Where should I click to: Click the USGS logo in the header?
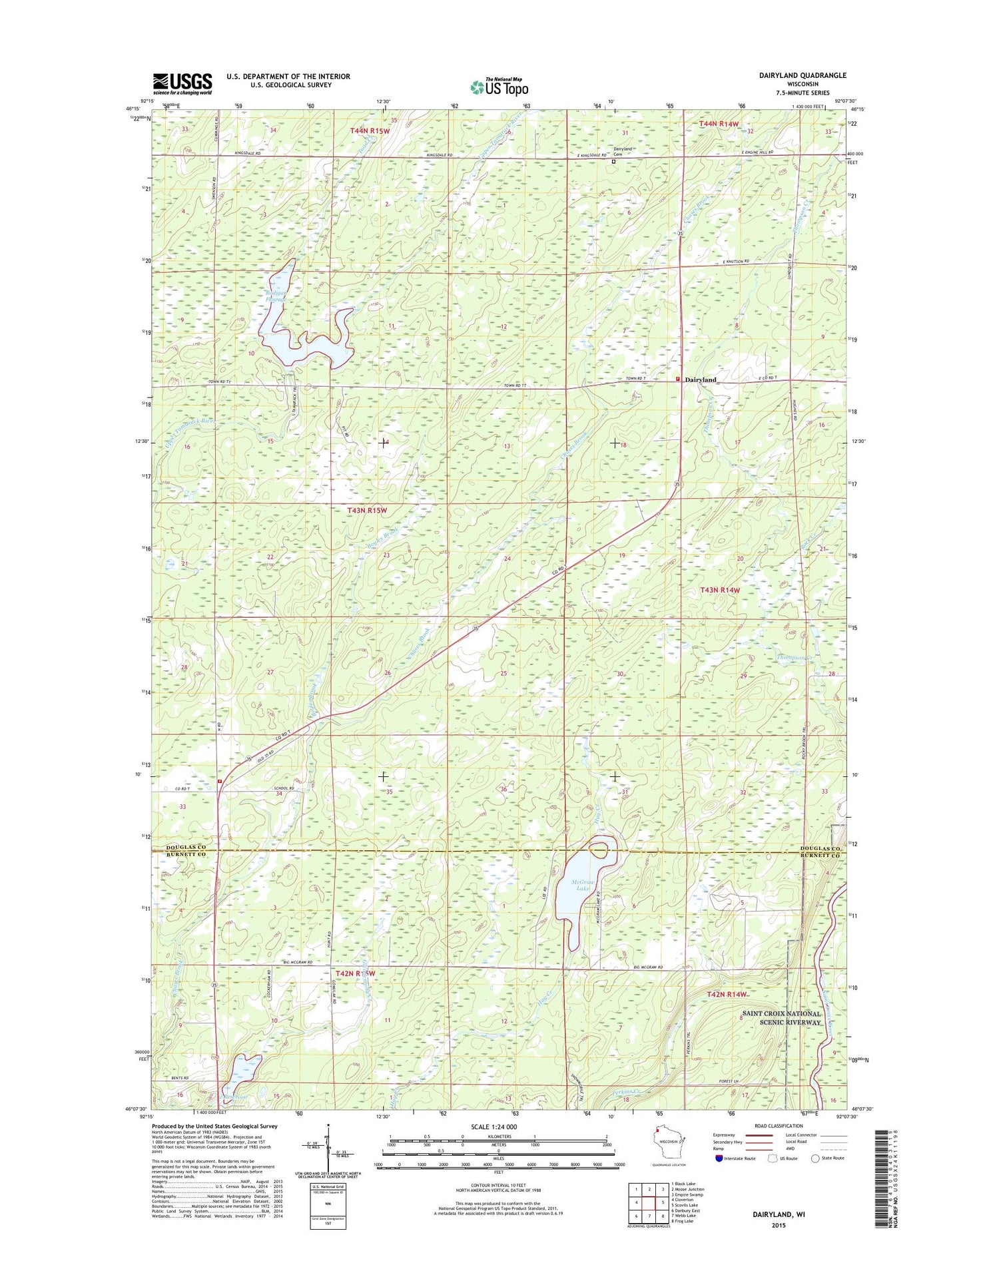(182, 84)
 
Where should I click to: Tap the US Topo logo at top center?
(499, 87)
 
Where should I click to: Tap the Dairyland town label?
(701, 380)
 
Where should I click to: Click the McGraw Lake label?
(582, 886)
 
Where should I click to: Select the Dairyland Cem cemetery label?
(622, 151)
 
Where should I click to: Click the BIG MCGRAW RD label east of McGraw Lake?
(647, 967)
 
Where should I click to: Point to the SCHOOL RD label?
(284, 788)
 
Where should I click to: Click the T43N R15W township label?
(366, 511)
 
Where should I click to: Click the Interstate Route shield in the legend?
(719, 1158)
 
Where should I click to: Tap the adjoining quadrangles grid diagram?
(649, 1202)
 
